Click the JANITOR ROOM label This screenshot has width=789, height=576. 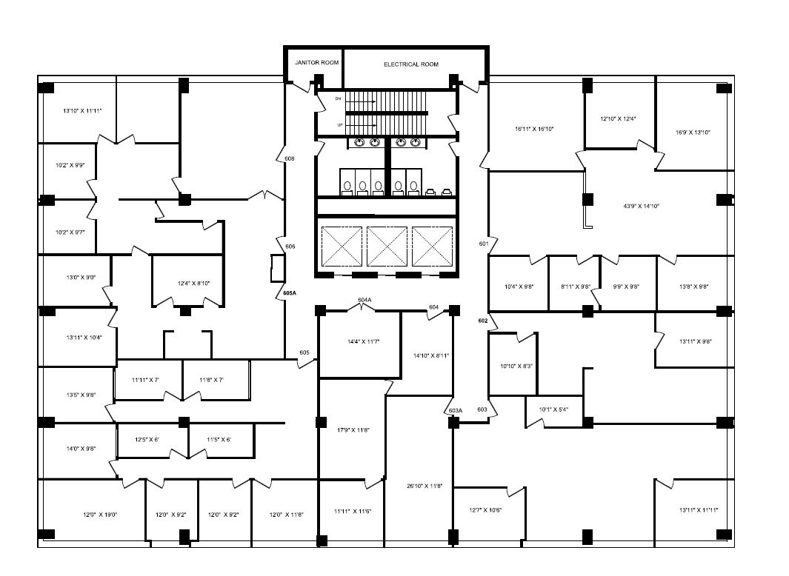pyautogui.click(x=316, y=63)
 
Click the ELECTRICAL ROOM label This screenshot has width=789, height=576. pyautogui.click(x=410, y=64)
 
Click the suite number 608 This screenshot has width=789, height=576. pyautogui.click(x=290, y=158)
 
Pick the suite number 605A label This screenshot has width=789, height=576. pyautogui.click(x=290, y=293)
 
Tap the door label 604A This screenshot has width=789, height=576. pyautogui.click(x=364, y=300)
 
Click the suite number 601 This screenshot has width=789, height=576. pyautogui.click(x=484, y=244)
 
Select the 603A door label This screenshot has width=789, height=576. pyautogui.click(x=456, y=410)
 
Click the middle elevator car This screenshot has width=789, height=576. pyautogui.click(x=387, y=244)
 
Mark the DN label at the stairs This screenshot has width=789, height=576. pyautogui.click(x=339, y=98)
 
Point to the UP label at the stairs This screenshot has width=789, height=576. pyautogui.click(x=340, y=124)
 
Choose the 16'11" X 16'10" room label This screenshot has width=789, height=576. pyautogui.click(x=534, y=129)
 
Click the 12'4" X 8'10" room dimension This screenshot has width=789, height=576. pyautogui.click(x=187, y=283)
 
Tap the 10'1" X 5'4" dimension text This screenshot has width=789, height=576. pyautogui.click(x=553, y=409)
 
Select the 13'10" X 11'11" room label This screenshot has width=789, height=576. pyautogui.click(x=82, y=110)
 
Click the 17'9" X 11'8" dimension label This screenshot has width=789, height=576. pyautogui.click(x=353, y=430)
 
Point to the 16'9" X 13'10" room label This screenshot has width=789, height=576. pyautogui.click(x=693, y=133)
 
